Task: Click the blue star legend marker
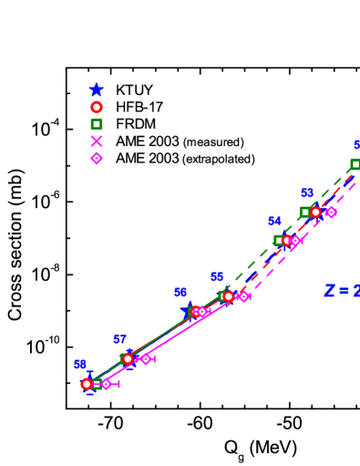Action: [97, 89]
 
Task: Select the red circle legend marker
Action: [97, 107]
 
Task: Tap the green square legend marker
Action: [97, 124]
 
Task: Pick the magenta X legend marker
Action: [97, 141]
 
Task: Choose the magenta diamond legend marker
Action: [97, 158]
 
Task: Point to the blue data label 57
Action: [119, 339]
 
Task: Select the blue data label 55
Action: [217, 277]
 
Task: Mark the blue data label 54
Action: [274, 222]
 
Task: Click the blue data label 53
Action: [307, 193]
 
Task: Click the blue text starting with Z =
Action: [342, 291]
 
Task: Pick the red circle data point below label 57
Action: [128, 358]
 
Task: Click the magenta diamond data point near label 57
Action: [146, 358]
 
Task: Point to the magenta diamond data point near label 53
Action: [331, 212]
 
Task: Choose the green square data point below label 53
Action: [305, 212]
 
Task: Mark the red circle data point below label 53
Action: [315, 212]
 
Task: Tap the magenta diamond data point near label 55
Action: [243, 296]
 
